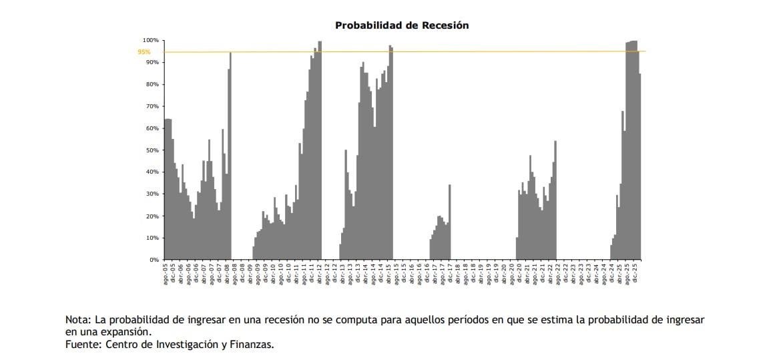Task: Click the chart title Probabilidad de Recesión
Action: coord(402,25)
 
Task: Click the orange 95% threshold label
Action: coord(144,52)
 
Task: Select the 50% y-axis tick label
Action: coord(153,150)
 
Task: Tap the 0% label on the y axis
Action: coord(155,260)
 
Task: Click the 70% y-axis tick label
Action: coord(153,106)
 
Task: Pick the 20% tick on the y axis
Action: coord(153,216)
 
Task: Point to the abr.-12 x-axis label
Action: coord(320,273)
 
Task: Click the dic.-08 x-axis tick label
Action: coord(242,273)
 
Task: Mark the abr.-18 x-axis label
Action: coord(458,273)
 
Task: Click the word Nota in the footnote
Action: coord(77,320)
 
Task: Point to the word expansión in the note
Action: coord(127,332)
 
